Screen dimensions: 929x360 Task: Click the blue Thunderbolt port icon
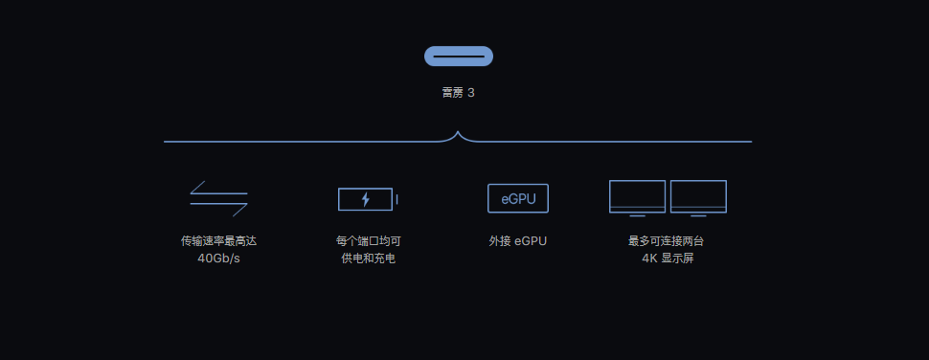pyautogui.click(x=459, y=56)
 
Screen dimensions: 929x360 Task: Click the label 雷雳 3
pyautogui.click(x=459, y=93)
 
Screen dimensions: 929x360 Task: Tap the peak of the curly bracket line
pyautogui.click(x=458, y=132)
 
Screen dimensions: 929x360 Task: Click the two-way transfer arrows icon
pyautogui.click(x=218, y=198)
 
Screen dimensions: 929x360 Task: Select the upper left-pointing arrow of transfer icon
pyautogui.click(x=218, y=188)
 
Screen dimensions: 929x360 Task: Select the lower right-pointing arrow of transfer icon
pyautogui.click(x=218, y=209)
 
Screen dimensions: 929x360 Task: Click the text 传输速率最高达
pyautogui.click(x=218, y=241)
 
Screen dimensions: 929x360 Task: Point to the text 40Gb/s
pyautogui.click(x=218, y=259)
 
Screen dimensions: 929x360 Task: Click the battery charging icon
pyautogui.click(x=368, y=199)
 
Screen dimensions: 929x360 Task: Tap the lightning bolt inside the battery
pyautogui.click(x=366, y=199)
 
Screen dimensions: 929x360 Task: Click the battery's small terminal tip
pyautogui.click(x=397, y=199)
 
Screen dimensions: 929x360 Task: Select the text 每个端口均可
pyautogui.click(x=369, y=241)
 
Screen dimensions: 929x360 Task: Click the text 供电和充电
pyautogui.click(x=369, y=259)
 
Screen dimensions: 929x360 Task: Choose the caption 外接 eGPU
pyautogui.click(x=518, y=241)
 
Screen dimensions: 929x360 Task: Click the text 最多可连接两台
pyautogui.click(x=666, y=241)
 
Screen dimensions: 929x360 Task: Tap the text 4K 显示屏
pyautogui.click(x=668, y=259)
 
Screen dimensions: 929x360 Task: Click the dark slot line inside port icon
pyautogui.click(x=459, y=56)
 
